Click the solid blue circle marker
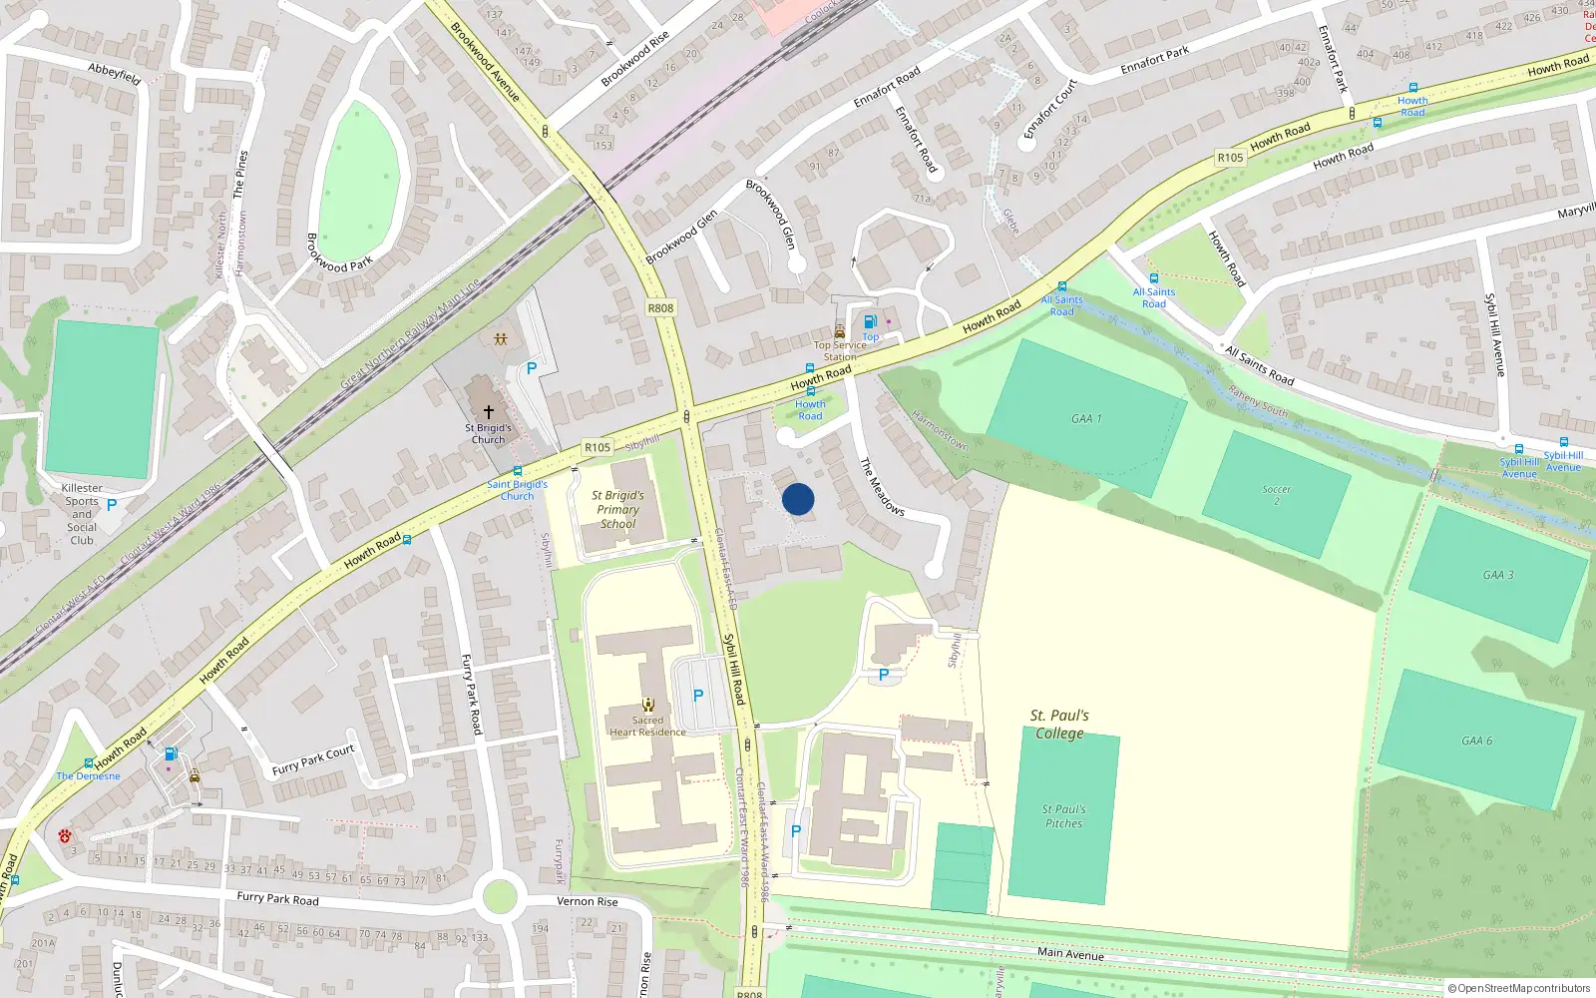(x=798, y=499)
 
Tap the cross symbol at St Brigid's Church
(x=489, y=411)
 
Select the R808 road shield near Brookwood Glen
(x=660, y=308)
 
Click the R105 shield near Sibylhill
(x=598, y=447)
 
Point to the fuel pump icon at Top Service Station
(x=870, y=321)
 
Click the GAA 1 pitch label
(x=1086, y=419)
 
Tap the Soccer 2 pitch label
(x=1276, y=495)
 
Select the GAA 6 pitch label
(x=1477, y=741)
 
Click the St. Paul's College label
(x=1059, y=724)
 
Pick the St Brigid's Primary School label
(x=617, y=509)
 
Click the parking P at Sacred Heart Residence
(x=698, y=696)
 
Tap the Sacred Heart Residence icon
(x=648, y=705)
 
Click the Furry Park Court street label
(x=313, y=760)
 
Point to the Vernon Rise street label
(x=588, y=901)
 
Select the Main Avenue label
(x=1070, y=953)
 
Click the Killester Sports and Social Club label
(x=82, y=514)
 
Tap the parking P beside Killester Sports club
(x=112, y=505)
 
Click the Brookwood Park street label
(x=338, y=253)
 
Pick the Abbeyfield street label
(x=114, y=72)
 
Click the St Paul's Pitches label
(x=1063, y=816)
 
